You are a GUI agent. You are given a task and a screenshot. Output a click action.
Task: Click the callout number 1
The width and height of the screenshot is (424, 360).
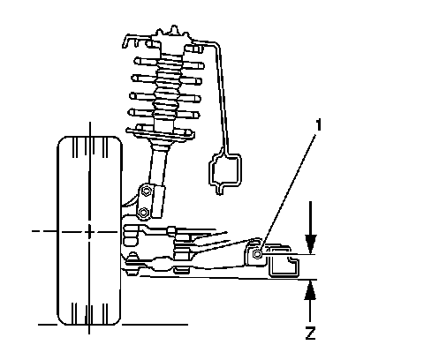click(318, 125)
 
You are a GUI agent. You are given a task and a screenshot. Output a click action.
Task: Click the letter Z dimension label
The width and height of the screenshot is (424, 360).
click(310, 334)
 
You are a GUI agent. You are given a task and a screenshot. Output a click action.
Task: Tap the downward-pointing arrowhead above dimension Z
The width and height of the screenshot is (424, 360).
click(311, 244)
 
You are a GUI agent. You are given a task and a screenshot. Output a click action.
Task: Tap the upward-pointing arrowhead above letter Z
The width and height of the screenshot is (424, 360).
click(310, 289)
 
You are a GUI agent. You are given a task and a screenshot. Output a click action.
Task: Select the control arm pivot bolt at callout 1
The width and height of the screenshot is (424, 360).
click(257, 253)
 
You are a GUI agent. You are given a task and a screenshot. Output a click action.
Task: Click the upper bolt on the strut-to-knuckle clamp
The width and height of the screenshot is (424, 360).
click(146, 191)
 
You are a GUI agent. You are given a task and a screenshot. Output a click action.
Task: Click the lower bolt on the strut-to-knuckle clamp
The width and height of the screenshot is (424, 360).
click(143, 212)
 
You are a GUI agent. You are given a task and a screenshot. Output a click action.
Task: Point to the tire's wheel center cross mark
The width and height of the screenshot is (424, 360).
click(89, 231)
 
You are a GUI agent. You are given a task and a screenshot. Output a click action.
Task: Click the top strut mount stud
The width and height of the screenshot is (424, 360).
click(174, 30)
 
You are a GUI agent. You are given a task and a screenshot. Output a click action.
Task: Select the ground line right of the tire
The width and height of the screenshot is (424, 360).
click(155, 325)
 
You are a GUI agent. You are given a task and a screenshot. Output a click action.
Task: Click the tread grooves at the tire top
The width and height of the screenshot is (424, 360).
click(89, 147)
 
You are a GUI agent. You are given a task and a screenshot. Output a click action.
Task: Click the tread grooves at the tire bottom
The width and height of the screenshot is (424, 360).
click(89, 314)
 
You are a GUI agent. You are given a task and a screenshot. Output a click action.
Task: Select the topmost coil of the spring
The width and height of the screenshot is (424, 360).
click(170, 64)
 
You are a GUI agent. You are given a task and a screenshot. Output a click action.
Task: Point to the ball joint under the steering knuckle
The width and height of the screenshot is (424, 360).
click(133, 263)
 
